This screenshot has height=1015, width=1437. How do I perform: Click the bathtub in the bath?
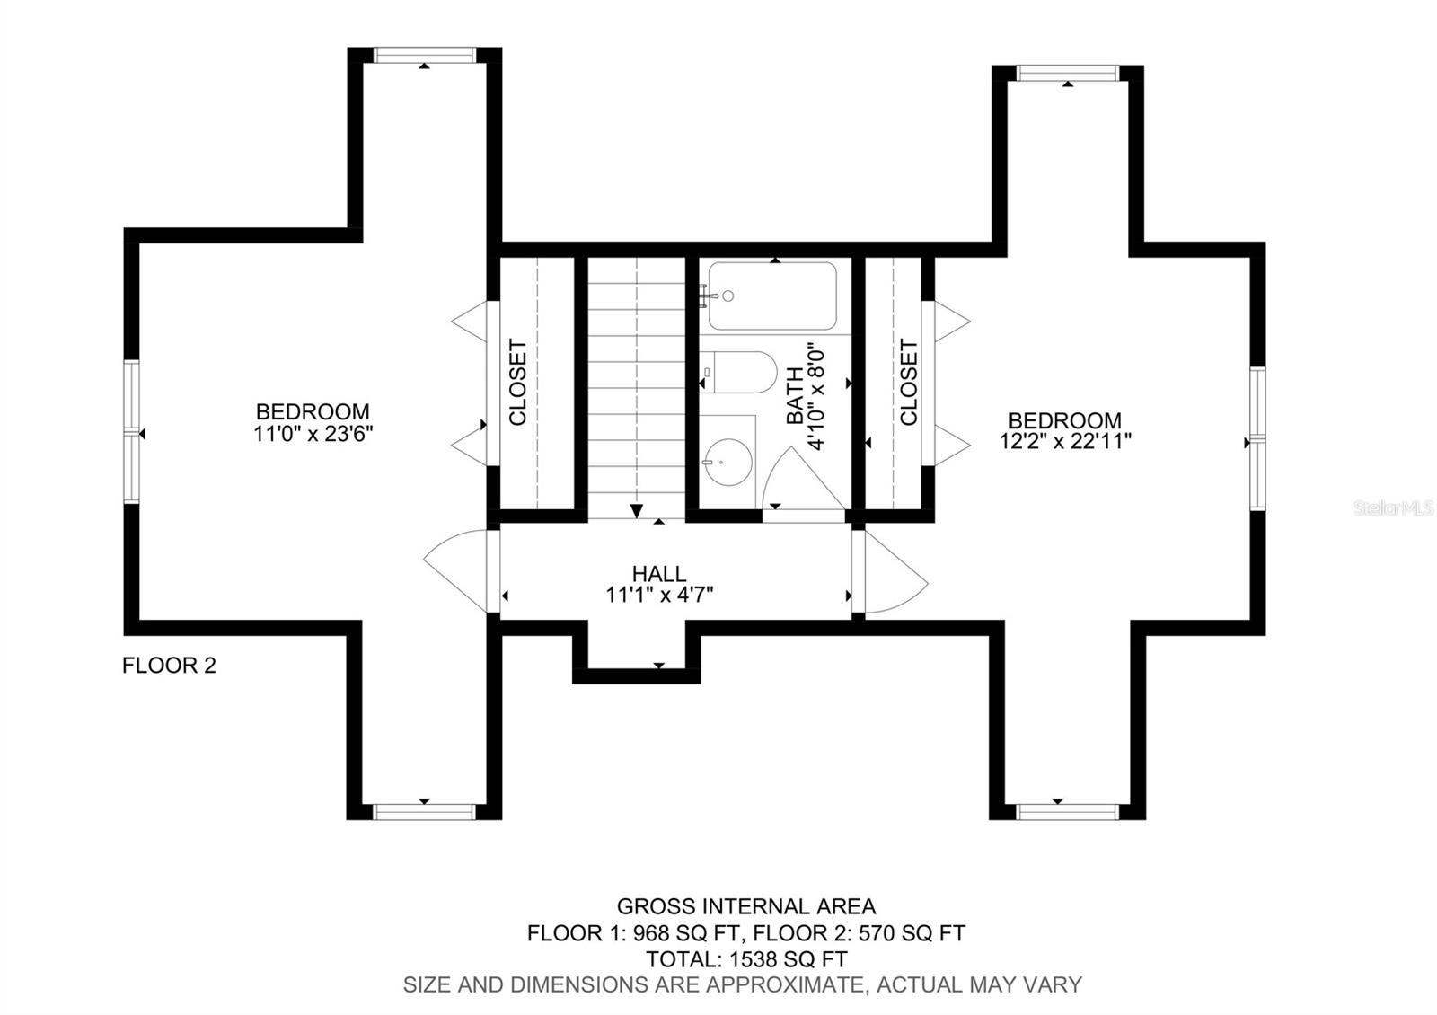tap(772, 296)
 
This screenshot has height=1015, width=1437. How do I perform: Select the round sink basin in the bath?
tap(728, 462)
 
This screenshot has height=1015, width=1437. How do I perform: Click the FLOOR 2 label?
tap(169, 666)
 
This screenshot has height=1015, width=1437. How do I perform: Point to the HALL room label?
tap(659, 573)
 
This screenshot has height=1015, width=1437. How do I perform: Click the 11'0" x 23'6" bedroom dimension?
tap(313, 434)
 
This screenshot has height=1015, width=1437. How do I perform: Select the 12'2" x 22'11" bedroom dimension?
tap(1065, 441)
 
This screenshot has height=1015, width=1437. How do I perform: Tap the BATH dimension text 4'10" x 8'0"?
tap(815, 400)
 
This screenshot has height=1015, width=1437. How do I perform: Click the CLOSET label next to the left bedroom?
tap(517, 383)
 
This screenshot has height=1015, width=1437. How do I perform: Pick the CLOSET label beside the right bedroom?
tap(909, 383)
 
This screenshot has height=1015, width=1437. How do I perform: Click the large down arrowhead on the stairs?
tap(637, 511)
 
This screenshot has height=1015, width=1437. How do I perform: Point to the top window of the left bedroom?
tap(424, 55)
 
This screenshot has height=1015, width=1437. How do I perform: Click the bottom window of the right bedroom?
tap(1068, 812)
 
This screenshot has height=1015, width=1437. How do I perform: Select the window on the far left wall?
tap(131, 431)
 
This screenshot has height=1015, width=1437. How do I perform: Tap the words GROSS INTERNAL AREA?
tap(746, 906)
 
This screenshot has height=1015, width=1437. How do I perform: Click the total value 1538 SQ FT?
tap(789, 958)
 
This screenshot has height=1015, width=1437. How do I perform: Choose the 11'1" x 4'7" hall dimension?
tap(659, 595)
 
